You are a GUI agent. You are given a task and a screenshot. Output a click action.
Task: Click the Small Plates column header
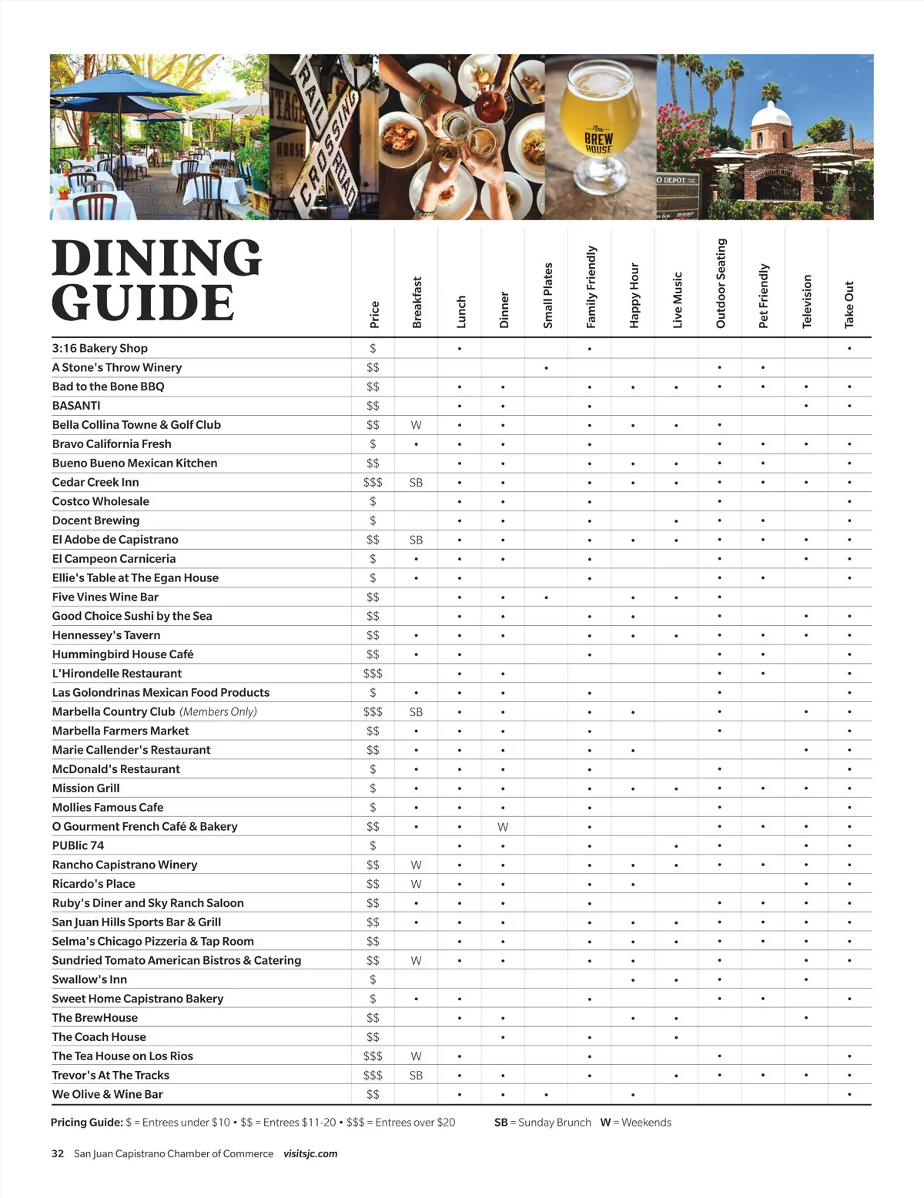[547, 295]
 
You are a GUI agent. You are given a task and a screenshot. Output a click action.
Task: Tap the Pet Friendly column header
[763, 296]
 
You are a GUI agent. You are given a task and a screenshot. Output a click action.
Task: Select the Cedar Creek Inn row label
[95, 482]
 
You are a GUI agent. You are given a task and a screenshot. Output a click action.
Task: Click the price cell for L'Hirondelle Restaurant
[373, 674]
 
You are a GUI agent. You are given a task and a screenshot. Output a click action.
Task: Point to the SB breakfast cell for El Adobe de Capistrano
[416, 540]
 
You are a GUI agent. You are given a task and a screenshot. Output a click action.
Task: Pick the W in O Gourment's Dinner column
[503, 827]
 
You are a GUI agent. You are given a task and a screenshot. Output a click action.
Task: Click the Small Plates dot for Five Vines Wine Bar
[546, 597]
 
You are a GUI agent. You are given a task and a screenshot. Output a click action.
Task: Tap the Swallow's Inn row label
[89, 979]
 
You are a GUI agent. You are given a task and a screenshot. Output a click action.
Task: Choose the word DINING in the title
[157, 258]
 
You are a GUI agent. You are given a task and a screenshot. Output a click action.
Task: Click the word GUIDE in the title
[143, 303]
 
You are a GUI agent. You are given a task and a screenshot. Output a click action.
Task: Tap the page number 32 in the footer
[58, 1153]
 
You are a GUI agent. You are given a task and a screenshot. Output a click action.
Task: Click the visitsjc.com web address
[310, 1153]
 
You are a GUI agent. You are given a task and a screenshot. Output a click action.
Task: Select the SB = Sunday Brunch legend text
[542, 1123]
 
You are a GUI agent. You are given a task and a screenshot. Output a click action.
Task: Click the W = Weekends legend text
[635, 1123]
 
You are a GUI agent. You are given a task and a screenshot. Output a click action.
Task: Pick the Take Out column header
[849, 304]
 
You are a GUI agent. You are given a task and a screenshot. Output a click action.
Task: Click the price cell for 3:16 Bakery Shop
[373, 349]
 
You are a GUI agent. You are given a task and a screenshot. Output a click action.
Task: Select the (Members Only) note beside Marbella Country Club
[218, 712]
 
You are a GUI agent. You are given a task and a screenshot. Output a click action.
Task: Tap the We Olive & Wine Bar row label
[107, 1094]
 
